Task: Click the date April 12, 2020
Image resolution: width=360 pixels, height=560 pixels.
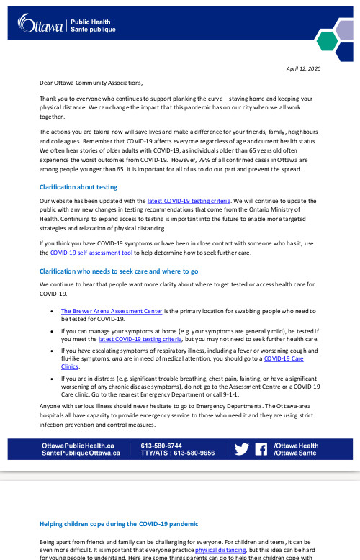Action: (304, 68)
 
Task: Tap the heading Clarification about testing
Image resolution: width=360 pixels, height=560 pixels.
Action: (78, 186)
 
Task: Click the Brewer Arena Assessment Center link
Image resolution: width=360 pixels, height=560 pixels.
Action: (107, 311)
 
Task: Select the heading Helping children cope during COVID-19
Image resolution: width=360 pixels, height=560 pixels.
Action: (118, 523)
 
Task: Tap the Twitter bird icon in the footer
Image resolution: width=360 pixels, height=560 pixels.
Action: (242, 448)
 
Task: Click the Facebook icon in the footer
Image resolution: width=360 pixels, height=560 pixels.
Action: (261, 448)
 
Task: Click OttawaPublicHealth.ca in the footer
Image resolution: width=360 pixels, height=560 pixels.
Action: (78, 445)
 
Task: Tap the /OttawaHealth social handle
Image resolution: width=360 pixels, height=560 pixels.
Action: (296, 445)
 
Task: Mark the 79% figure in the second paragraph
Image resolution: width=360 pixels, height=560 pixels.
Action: (226, 160)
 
